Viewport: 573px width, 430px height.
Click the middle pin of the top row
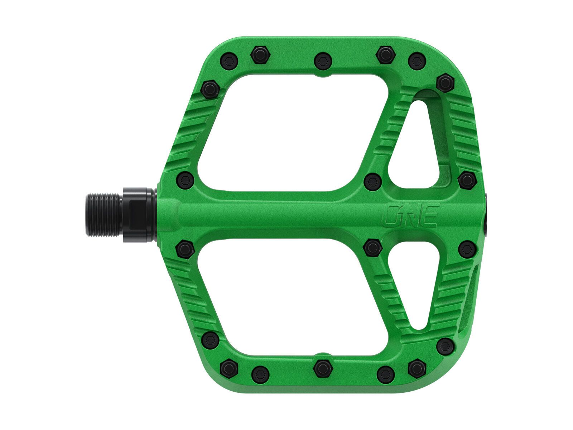click(323, 61)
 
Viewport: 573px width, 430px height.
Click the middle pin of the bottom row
click(322, 368)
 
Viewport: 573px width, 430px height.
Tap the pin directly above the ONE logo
click(373, 181)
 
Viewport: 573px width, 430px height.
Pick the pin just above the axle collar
click(186, 180)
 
